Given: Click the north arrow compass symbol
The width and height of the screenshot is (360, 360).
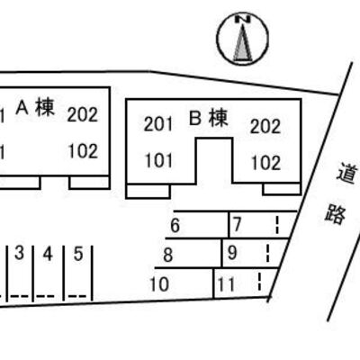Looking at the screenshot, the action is [x=242, y=39].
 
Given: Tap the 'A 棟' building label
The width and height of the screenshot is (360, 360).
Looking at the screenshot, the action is [x=35, y=107].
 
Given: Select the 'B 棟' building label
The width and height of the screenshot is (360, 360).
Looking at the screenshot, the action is [x=209, y=118].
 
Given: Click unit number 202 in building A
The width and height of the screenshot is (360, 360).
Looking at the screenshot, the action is [x=83, y=115].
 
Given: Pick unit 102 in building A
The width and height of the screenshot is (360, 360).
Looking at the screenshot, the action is [x=83, y=151].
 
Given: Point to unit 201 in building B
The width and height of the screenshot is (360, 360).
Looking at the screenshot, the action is [x=158, y=124].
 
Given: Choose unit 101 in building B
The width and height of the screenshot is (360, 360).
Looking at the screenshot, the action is [x=159, y=160].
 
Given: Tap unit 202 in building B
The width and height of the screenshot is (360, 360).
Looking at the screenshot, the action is [x=265, y=126].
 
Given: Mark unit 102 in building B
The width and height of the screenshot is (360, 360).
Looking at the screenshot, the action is [x=265, y=163].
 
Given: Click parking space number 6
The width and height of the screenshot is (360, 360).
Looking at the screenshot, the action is [x=175, y=226].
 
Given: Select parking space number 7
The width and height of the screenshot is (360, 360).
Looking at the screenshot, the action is [x=237, y=224].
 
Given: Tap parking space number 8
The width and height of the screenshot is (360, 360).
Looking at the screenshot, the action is [x=168, y=256].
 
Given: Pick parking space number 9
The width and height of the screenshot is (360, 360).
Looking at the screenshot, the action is [x=232, y=253].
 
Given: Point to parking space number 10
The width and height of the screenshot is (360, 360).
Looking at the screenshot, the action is [x=159, y=284].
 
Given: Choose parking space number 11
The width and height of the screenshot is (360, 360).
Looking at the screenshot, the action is [x=226, y=284].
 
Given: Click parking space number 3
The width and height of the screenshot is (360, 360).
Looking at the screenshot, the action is [x=19, y=254].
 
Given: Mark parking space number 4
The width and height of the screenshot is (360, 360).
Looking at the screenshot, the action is [x=48, y=254].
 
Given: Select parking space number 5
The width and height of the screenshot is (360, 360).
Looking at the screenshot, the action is [x=78, y=254].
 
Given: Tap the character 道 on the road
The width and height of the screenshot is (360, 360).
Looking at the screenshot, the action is [x=347, y=173].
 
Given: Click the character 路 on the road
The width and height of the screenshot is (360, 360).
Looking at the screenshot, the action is [x=336, y=214].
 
